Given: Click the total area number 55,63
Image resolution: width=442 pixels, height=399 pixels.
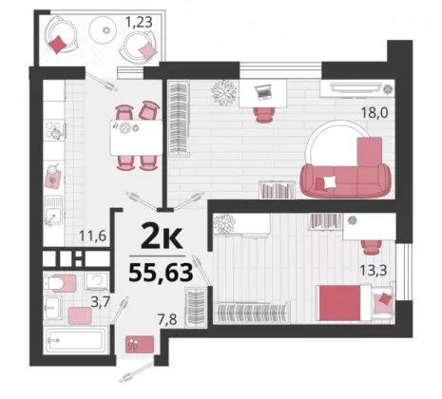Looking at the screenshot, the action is [161, 273].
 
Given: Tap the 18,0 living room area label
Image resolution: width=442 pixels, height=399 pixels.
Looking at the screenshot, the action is [375, 113].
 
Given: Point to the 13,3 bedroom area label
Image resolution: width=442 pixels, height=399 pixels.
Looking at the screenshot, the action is [374, 271].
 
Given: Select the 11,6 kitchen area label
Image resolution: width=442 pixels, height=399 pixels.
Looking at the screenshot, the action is [92, 236].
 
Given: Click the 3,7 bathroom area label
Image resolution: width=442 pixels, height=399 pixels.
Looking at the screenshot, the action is [101, 302].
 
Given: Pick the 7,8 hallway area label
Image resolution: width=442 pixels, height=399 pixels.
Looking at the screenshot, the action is [167, 319].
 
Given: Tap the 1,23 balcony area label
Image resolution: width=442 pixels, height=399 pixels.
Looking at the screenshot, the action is [139, 22].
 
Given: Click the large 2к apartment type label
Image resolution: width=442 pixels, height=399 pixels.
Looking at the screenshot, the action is [162, 235].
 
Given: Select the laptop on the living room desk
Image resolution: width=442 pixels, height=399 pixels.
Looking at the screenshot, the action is [262, 91].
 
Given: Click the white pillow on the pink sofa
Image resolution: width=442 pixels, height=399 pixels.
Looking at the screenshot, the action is [330, 181].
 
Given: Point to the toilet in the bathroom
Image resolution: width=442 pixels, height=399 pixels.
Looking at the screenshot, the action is [59, 283].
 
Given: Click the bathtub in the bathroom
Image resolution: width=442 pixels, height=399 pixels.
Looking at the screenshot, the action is [76, 341].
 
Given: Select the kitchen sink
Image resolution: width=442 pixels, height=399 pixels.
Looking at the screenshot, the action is [53, 211].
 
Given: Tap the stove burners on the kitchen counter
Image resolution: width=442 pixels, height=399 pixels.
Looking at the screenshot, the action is [53, 130].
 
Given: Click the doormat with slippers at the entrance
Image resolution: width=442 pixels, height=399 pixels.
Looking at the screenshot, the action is [140, 344].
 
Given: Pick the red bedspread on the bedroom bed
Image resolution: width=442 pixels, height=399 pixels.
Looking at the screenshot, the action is [339, 303].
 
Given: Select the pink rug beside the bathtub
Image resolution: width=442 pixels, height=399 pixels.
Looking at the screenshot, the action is [80, 315].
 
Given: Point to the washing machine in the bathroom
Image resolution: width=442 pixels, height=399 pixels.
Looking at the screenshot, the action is [97, 280].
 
